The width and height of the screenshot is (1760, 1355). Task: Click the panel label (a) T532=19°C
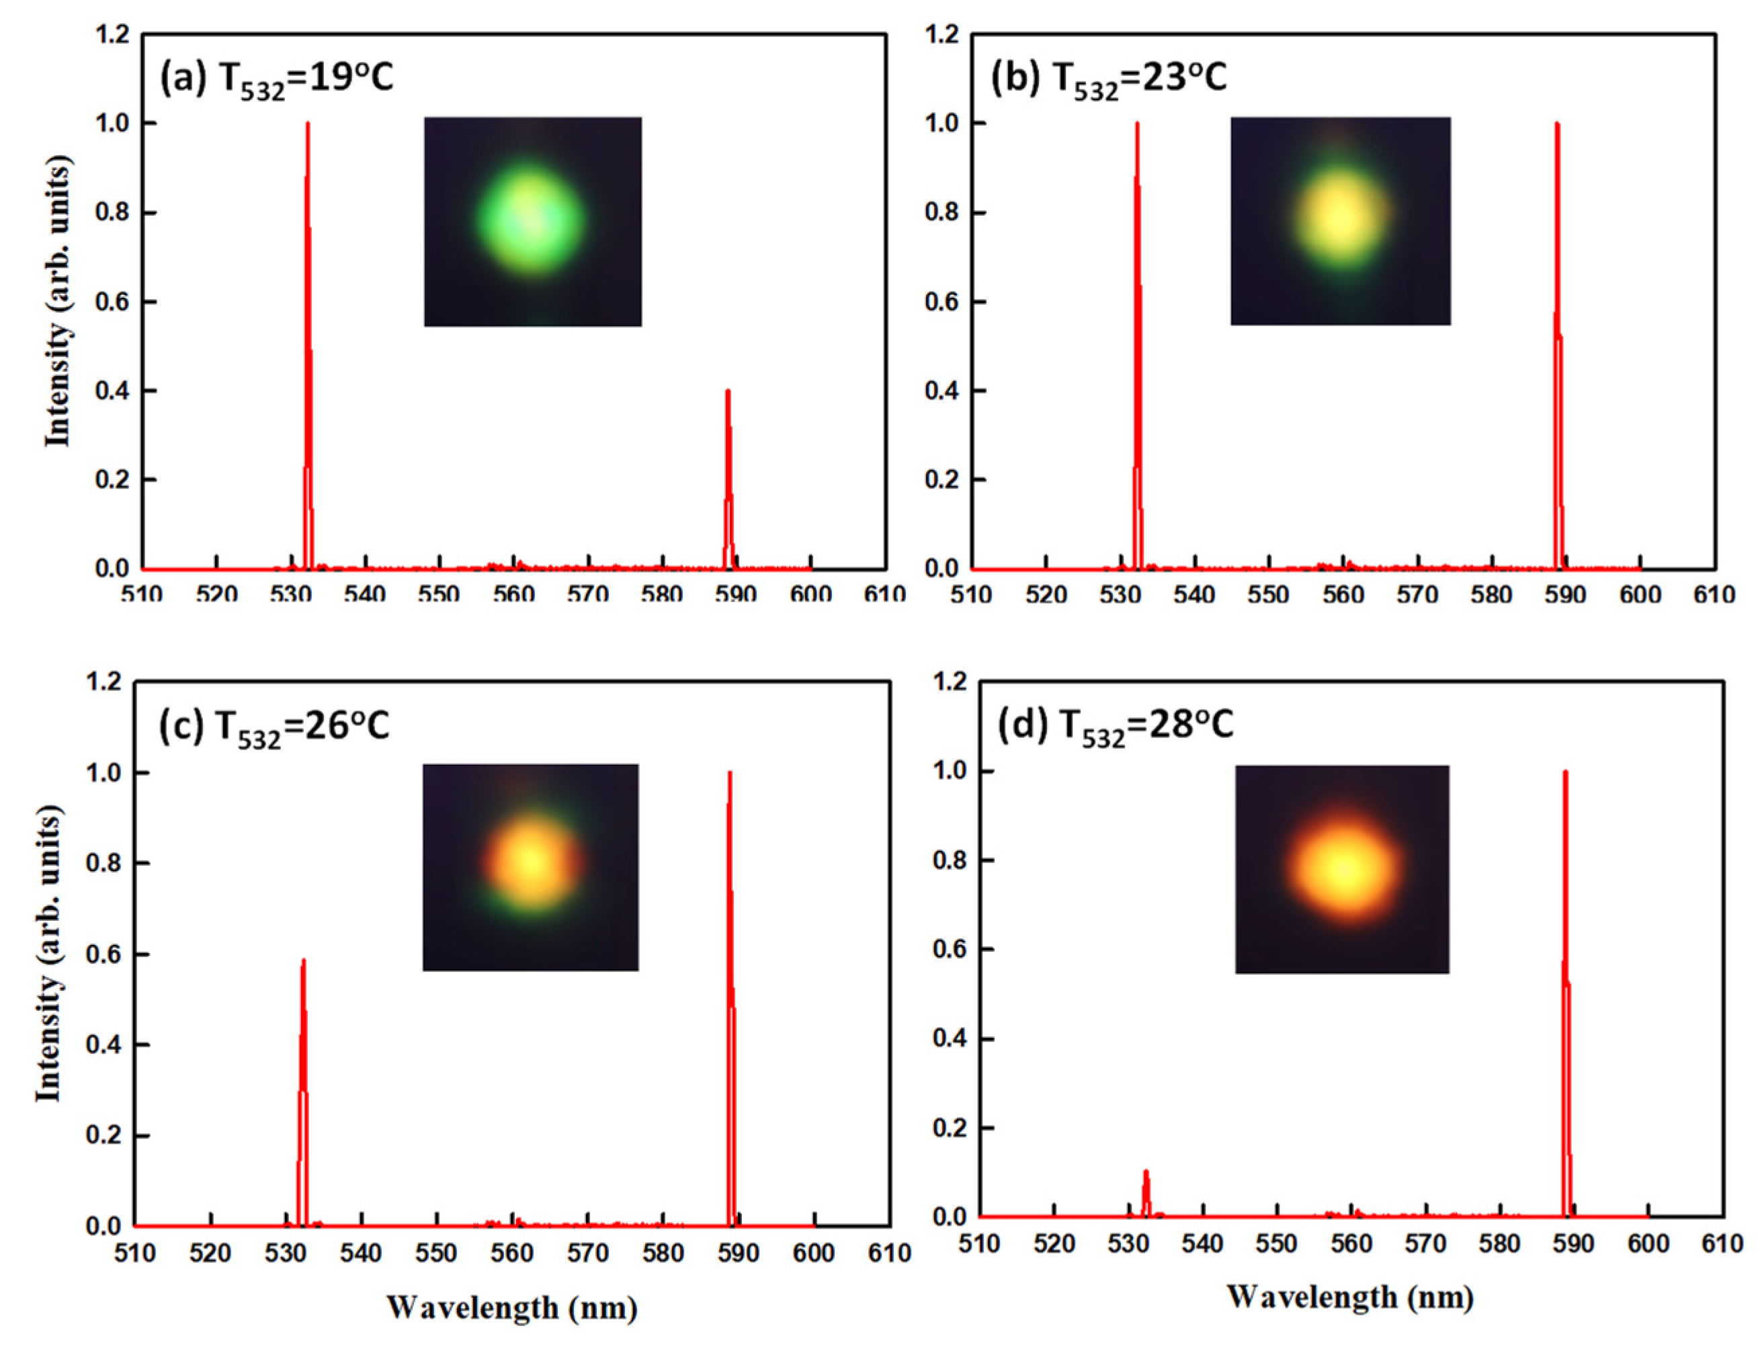point(276,80)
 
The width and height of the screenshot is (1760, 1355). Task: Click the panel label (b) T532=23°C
point(1108,80)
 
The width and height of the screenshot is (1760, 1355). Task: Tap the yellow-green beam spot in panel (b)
point(1340,219)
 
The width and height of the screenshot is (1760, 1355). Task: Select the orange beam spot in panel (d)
point(1343,870)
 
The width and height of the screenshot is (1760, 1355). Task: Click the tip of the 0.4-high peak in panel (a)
point(728,392)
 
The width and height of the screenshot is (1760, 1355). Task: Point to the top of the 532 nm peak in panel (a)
point(308,124)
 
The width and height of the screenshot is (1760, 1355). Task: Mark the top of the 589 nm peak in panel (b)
point(1557,124)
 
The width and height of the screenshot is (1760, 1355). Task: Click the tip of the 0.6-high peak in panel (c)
point(304,961)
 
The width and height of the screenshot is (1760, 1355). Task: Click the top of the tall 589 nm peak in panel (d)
point(1565,772)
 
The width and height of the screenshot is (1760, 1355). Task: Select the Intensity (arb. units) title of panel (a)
point(58,302)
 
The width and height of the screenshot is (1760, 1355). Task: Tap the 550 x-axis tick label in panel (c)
point(437,1254)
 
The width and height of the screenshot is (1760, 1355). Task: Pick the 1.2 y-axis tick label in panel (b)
point(944,35)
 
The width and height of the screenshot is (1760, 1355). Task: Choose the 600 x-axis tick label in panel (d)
point(1648,1243)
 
